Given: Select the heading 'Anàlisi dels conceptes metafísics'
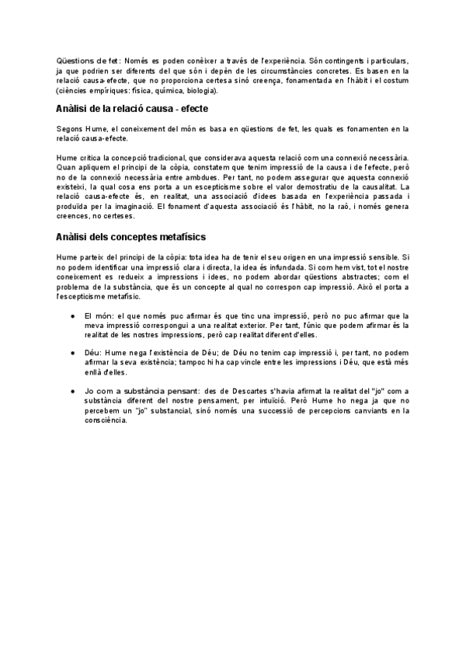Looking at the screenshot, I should pyautogui.click(x=130, y=235).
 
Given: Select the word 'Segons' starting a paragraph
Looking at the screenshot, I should pyautogui.click(x=69, y=128).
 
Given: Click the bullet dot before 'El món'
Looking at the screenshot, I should pyautogui.click(x=71, y=316).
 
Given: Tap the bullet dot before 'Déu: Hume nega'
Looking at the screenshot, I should pyautogui.click(x=71, y=352).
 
